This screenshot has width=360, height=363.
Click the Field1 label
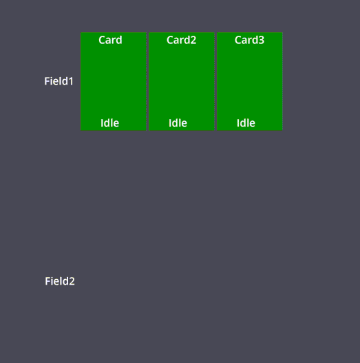tap(59, 81)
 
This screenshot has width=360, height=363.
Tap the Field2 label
tap(60, 281)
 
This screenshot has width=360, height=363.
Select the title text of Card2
tap(181, 40)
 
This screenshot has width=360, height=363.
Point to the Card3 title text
tap(249, 40)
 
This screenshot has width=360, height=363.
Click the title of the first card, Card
tap(110, 40)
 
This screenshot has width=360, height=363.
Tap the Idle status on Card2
tap(178, 123)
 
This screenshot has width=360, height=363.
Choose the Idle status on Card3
tap(246, 123)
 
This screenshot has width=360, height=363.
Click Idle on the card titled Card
tap(109, 123)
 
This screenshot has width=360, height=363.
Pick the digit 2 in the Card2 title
tap(193, 41)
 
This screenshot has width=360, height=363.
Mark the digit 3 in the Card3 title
tap(262, 41)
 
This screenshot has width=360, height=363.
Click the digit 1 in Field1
tap(71, 82)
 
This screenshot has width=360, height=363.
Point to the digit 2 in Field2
tap(72, 281)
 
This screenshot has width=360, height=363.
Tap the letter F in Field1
tap(47, 82)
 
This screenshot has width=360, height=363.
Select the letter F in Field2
tap(47, 281)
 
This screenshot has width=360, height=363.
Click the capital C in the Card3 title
tap(238, 41)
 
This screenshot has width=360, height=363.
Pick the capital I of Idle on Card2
tap(170, 123)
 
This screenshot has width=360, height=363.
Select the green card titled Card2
tap(182, 82)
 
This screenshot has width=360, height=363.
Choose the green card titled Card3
tap(250, 82)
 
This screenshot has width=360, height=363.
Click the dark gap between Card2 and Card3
tap(215, 82)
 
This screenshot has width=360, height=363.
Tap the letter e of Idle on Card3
tap(252, 124)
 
